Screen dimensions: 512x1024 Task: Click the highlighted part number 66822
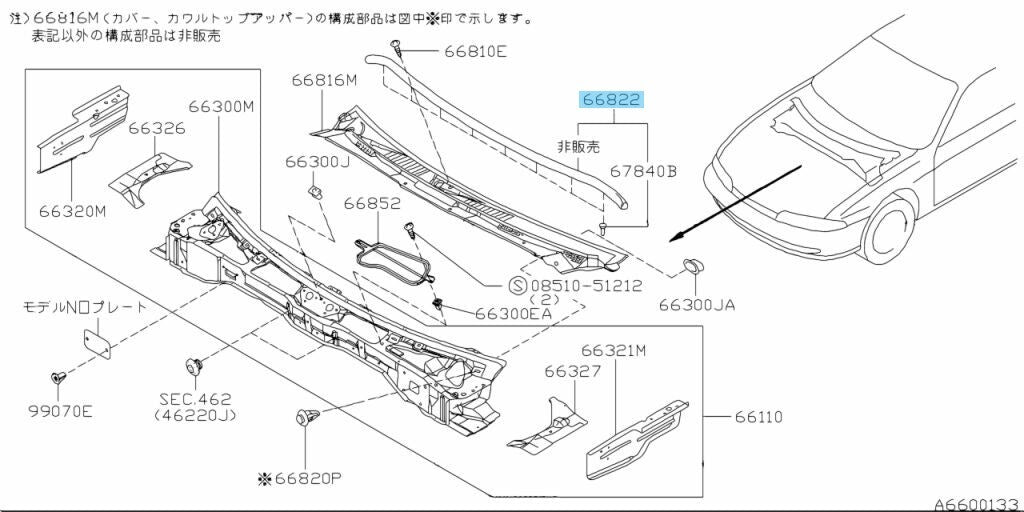(x=611, y=100)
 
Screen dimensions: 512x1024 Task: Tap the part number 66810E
(x=475, y=51)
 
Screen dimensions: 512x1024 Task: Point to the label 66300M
(x=221, y=106)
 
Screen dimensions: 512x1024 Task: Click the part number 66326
(x=156, y=129)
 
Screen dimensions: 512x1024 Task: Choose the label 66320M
(x=73, y=211)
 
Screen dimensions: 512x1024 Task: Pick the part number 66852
(x=373, y=203)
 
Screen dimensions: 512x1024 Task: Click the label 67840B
(x=644, y=172)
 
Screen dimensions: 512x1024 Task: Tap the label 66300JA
(x=697, y=304)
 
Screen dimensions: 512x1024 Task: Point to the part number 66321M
(x=614, y=350)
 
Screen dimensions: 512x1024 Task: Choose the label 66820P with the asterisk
(x=299, y=479)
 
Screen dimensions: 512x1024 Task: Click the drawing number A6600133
(x=976, y=503)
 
